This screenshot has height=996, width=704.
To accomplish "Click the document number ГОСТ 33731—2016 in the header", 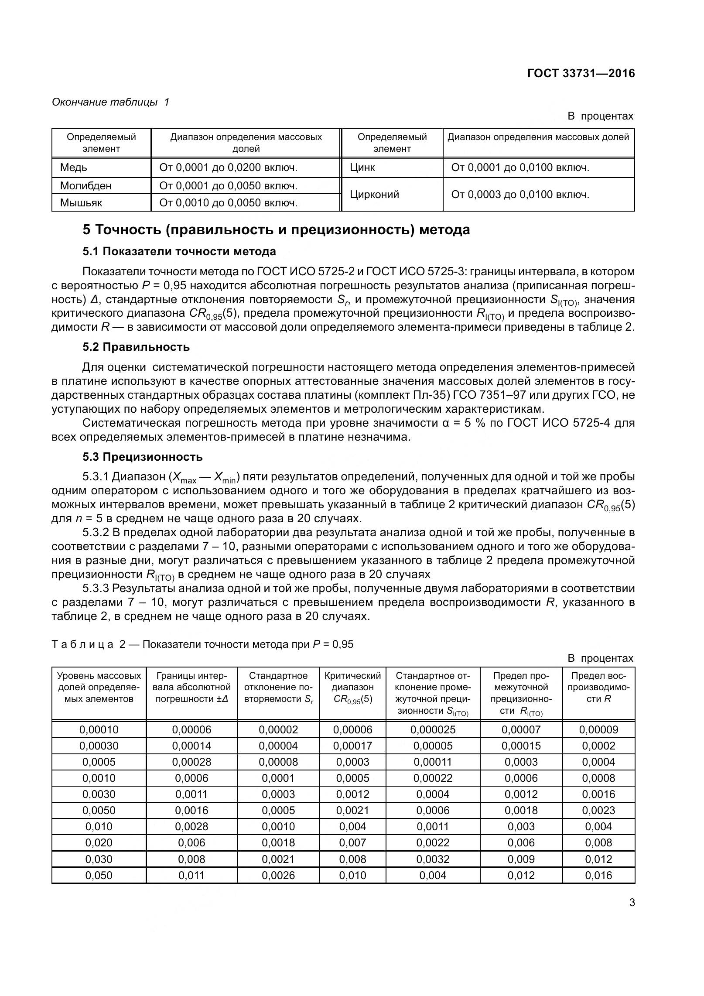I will [x=581, y=73].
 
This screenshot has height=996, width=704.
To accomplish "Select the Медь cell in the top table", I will [x=74, y=168].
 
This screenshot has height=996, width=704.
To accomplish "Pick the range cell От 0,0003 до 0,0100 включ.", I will [x=520, y=195].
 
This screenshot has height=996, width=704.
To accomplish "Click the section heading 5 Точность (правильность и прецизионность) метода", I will [x=276, y=230].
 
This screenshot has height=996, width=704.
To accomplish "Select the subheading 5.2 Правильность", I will [x=136, y=347].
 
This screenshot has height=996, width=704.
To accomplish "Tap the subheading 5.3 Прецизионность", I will [x=143, y=457].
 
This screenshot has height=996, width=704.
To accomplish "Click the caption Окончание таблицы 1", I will [x=110, y=102].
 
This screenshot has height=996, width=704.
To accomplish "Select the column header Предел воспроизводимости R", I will [x=598, y=687].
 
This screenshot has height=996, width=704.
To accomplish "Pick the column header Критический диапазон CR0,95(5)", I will [x=352, y=687].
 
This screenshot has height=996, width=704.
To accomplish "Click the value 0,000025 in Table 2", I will [x=433, y=729].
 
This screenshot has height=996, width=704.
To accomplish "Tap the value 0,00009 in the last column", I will [x=598, y=729].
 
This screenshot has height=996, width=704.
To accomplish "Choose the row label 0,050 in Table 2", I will [x=99, y=875].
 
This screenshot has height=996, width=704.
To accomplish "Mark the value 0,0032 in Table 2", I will [x=433, y=859].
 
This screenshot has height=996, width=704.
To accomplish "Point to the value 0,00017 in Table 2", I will [x=352, y=746].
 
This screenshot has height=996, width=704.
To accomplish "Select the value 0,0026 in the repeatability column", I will [x=278, y=875].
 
